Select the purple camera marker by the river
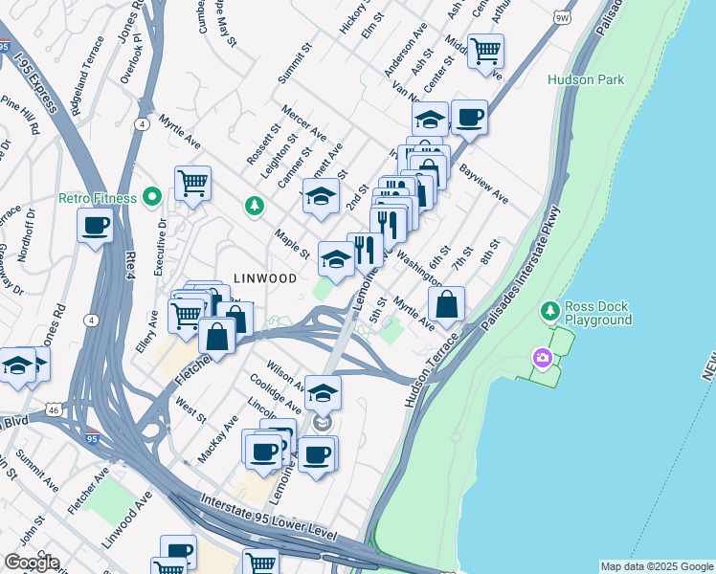tap(543, 358)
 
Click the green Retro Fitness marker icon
tap(151, 198)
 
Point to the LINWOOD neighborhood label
tap(265, 278)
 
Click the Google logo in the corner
tap(31, 563)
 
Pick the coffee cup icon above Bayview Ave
tap(469, 118)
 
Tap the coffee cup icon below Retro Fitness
tap(96, 227)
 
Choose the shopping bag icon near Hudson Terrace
tap(446, 305)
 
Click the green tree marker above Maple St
tap(255, 204)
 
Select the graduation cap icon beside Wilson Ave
tap(324, 392)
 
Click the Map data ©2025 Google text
tap(656, 566)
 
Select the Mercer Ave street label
tap(303, 121)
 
